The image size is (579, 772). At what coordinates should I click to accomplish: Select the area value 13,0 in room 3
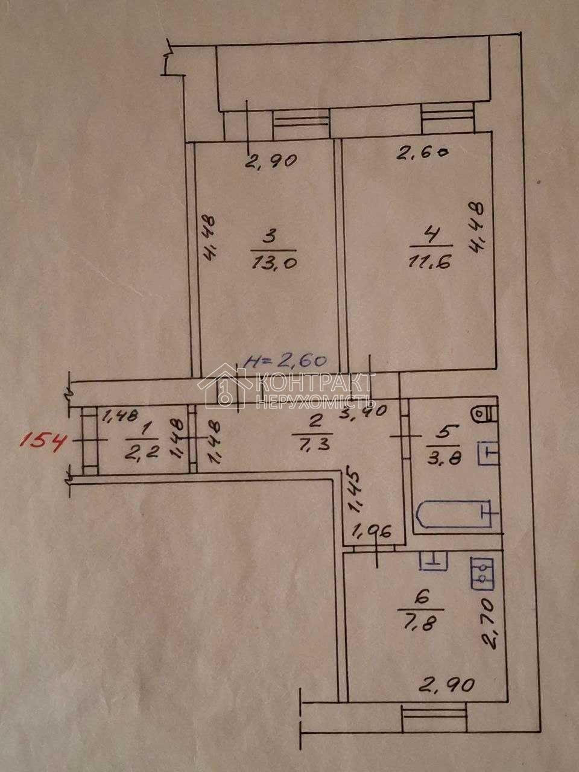[271, 264]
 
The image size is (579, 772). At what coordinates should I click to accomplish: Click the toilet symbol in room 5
[485, 414]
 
